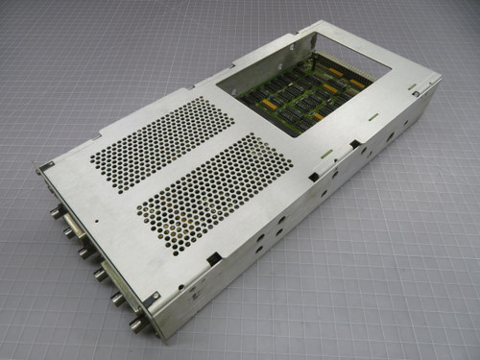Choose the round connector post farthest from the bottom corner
(x=57, y=203)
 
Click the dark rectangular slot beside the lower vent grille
(x=213, y=258)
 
